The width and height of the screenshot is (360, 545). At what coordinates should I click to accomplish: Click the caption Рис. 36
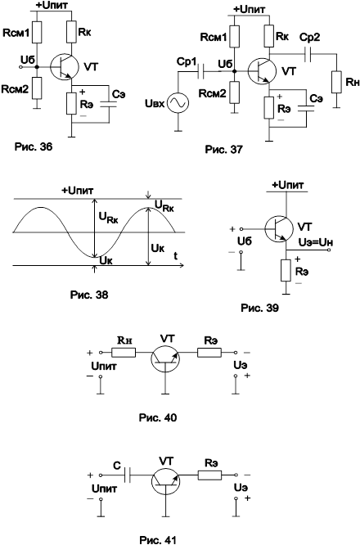tap(34, 146)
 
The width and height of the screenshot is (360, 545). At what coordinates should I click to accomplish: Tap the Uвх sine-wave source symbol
tap(178, 103)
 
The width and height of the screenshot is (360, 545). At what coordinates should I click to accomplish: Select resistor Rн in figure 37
tap(336, 82)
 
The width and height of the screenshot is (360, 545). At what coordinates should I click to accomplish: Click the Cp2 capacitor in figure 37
tap(307, 54)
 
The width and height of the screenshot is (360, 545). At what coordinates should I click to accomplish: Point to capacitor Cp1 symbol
tap(200, 71)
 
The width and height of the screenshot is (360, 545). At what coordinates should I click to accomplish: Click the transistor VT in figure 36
tap(64, 67)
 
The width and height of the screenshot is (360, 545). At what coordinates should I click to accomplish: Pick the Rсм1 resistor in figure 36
tap(37, 33)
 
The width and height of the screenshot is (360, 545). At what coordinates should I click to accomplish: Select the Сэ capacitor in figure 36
tap(109, 104)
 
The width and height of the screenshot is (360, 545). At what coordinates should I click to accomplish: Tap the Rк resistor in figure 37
tap(268, 36)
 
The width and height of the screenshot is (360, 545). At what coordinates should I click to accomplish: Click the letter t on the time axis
tap(176, 256)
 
